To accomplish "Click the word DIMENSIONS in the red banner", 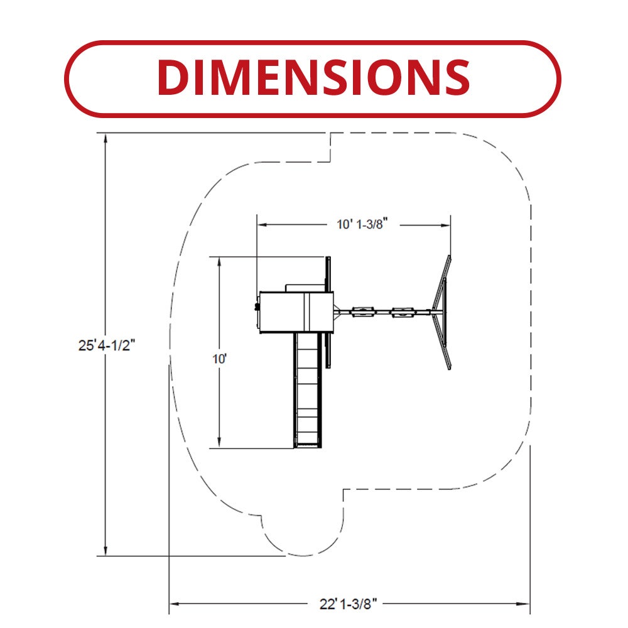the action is [x=313, y=77].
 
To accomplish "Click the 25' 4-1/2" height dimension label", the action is [x=107, y=345].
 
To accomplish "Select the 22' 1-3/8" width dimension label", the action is [x=348, y=604].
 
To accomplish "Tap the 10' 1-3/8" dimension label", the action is [x=362, y=224].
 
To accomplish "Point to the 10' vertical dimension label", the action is [x=219, y=359].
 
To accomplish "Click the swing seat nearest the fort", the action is [x=363, y=311].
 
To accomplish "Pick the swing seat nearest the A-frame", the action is [x=403, y=311].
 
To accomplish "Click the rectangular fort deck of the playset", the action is [x=296, y=312].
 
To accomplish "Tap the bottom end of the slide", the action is [x=308, y=445].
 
